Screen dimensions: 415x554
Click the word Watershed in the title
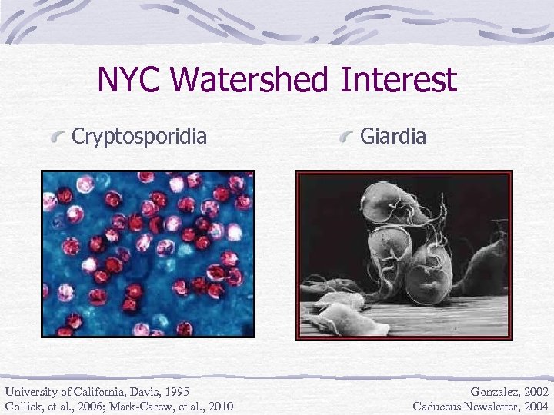pos(262,81)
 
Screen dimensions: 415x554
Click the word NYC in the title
pos(132,81)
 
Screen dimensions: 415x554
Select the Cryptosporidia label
pos(139,137)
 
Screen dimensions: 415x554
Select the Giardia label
pos(392,137)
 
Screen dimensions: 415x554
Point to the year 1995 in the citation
pos(176,391)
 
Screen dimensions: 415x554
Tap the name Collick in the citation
pos(24,406)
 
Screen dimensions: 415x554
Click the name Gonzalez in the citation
pos(492,391)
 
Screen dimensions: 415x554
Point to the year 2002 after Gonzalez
pos(536,391)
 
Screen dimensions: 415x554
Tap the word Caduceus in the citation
pos(440,406)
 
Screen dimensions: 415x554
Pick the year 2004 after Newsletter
pos(536,406)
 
